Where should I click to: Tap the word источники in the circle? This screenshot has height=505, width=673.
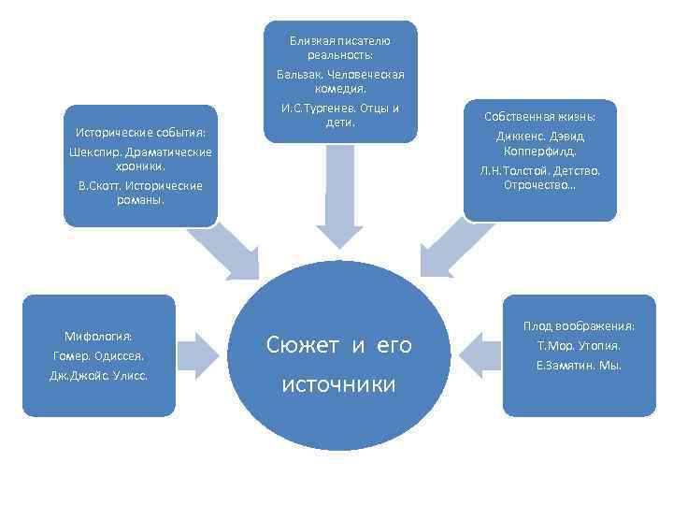(338, 384)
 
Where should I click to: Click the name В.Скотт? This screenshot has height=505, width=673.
(99, 186)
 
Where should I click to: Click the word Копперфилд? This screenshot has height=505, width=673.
(540, 150)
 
